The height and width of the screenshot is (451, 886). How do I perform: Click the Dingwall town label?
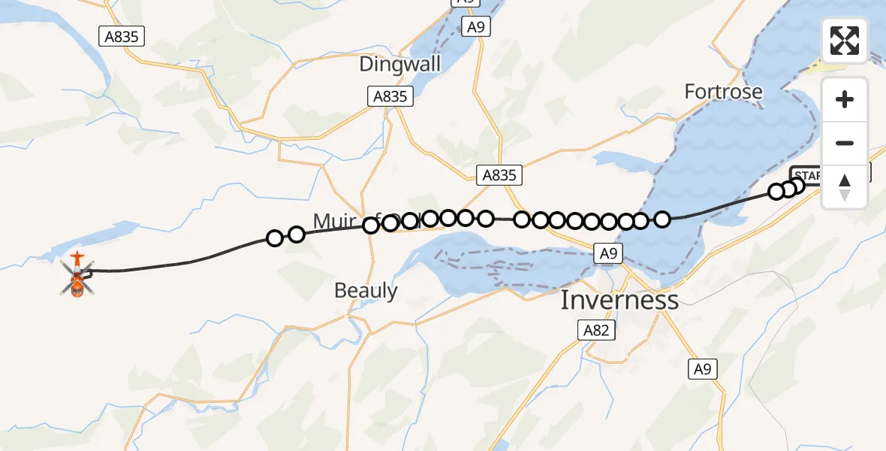point(399,64)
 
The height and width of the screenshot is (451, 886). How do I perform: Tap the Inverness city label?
point(619,301)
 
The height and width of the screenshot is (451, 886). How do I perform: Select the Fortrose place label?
point(723,92)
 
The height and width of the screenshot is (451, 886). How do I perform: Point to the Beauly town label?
point(366,290)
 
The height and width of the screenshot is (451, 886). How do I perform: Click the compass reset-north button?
point(845,187)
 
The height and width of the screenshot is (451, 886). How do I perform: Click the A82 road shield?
point(597,330)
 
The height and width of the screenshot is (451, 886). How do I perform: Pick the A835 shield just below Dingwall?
point(390,96)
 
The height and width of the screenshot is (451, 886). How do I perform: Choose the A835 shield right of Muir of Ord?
point(499,175)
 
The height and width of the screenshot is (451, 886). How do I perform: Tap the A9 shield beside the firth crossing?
point(607,254)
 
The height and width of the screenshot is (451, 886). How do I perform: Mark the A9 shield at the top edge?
point(475,27)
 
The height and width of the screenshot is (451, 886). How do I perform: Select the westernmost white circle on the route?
point(275,238)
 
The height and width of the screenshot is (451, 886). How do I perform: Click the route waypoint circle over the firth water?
point(662,219)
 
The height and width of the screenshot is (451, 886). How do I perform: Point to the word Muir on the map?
point(333,221)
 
